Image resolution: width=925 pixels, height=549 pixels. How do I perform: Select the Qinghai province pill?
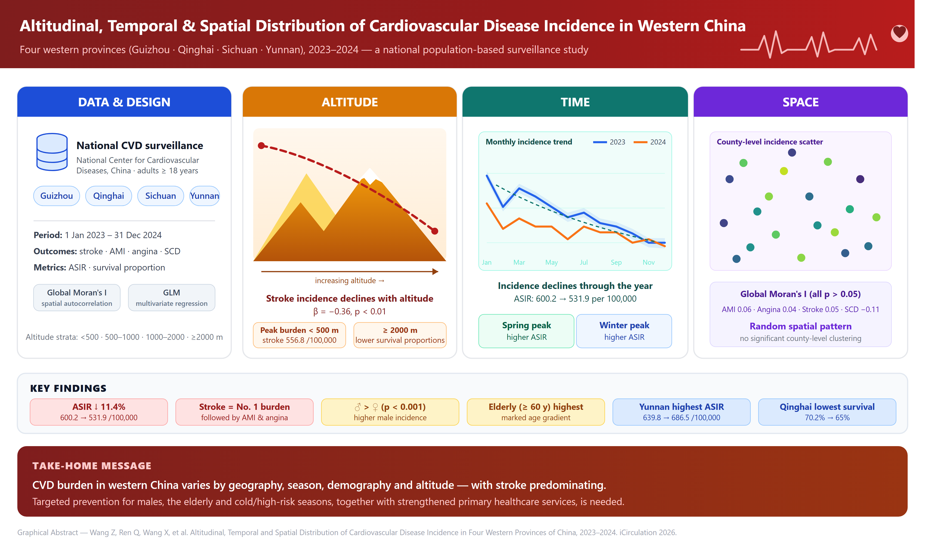click(x=108, y=196)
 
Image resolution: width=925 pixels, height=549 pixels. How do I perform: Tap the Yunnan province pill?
click(x=205, y=196)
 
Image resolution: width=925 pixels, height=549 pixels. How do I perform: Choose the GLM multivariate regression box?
click(x=171, y=298)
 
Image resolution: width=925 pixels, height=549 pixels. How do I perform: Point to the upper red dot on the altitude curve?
click(x=261, y=145)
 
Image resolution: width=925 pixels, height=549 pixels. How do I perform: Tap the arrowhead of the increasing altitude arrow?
click(x=435, y=272)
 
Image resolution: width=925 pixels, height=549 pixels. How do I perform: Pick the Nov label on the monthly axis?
click(x=649, y=262)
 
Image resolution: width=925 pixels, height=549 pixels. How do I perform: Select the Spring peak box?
click(x=526, y=331)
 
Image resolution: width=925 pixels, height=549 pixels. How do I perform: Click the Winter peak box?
click(x=624, y=331)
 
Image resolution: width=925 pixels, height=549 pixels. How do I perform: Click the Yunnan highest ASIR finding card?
click(x=681, y=412)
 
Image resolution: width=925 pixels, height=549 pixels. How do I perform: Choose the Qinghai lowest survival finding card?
click(x=827, y=412)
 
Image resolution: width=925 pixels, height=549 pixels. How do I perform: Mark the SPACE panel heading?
click(x=800, y=102)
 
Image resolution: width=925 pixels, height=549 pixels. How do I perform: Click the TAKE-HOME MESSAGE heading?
click(x=92, y=466)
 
